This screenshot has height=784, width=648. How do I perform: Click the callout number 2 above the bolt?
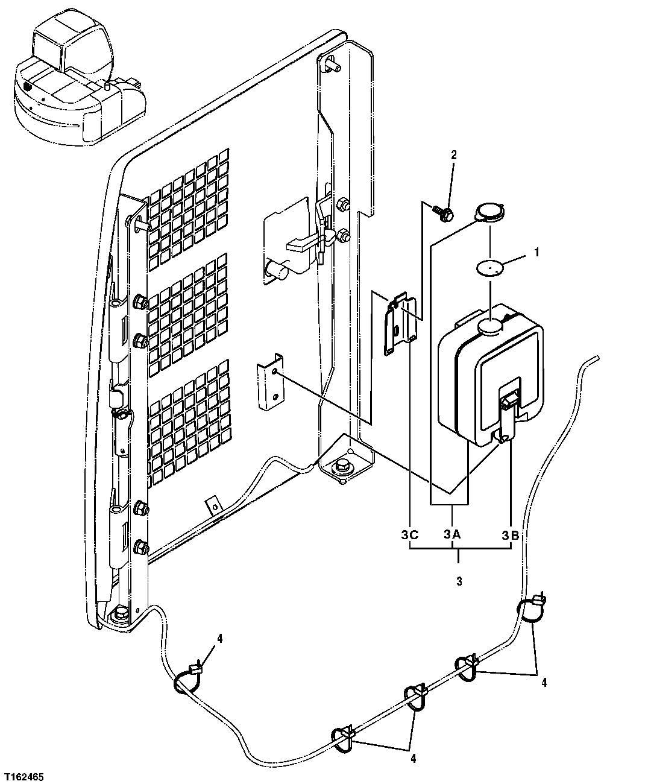[454, 155]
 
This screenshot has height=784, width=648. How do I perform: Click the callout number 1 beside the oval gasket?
[536, 253]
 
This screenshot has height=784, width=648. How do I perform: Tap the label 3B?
[511, 534]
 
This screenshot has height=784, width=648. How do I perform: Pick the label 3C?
[409, 534]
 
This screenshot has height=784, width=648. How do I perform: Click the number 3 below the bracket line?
[459, 582]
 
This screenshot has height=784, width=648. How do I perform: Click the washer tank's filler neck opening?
[491, 327]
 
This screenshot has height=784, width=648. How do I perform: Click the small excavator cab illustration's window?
[45, 43]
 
